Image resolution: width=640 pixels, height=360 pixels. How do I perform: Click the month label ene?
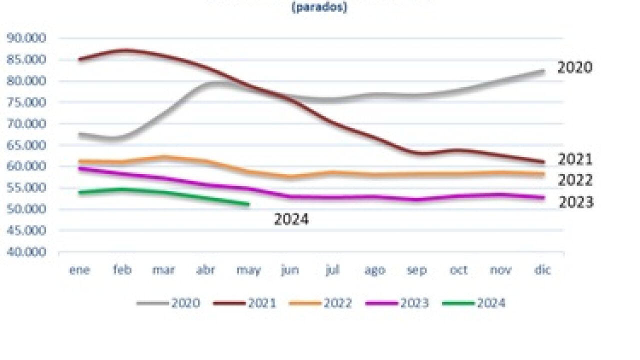pyautogui.click(x=79, y=270)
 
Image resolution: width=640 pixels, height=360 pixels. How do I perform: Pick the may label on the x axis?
pyautogui.click(x=248, y=270)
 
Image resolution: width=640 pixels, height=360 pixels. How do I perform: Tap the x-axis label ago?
pyautogui.click(x=374, y=270)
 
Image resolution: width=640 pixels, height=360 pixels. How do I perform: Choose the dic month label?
pyautogui.click(x=542, y=270)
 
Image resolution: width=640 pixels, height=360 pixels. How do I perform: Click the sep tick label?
pyautogui.click(x=416, y=270)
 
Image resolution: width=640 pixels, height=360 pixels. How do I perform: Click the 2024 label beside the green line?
pyautogui.click(x=291, y=219)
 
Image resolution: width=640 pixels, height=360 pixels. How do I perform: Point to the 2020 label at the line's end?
pyautogui.click(x=575, y=67)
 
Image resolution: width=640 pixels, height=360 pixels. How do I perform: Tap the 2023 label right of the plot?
pyautogui.click(x=576, y=202)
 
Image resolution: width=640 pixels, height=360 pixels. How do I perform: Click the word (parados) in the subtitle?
pyautogui.click(x=319, y=8)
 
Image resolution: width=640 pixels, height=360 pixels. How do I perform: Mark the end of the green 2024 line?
pyautogui.click(x=248, y=204)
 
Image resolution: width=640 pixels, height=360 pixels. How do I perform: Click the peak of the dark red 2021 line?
pyautogui.click(x=123, y=50)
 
